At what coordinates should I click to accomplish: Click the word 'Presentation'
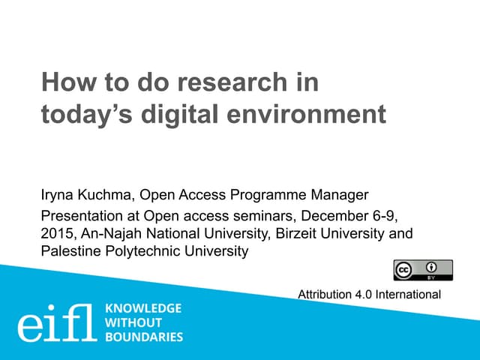pos(81,217)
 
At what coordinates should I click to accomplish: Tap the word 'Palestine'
pos(70,251)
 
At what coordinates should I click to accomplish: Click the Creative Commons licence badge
pos(423,270)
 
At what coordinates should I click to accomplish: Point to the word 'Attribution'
pos(325,294)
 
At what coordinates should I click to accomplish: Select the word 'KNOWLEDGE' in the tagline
pos(142,309)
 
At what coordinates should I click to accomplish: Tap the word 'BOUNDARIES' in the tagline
pos(144,337)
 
